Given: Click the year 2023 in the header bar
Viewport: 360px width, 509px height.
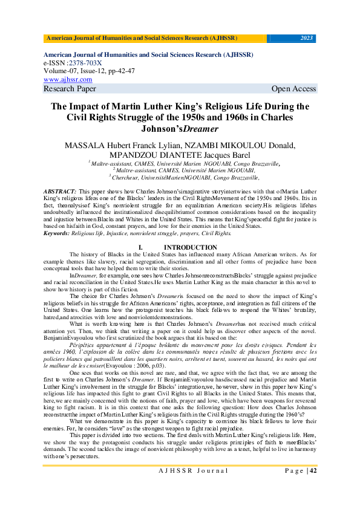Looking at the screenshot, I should click(x=307, y=38).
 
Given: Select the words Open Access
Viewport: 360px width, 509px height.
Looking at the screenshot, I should click(x=293, y=89).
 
